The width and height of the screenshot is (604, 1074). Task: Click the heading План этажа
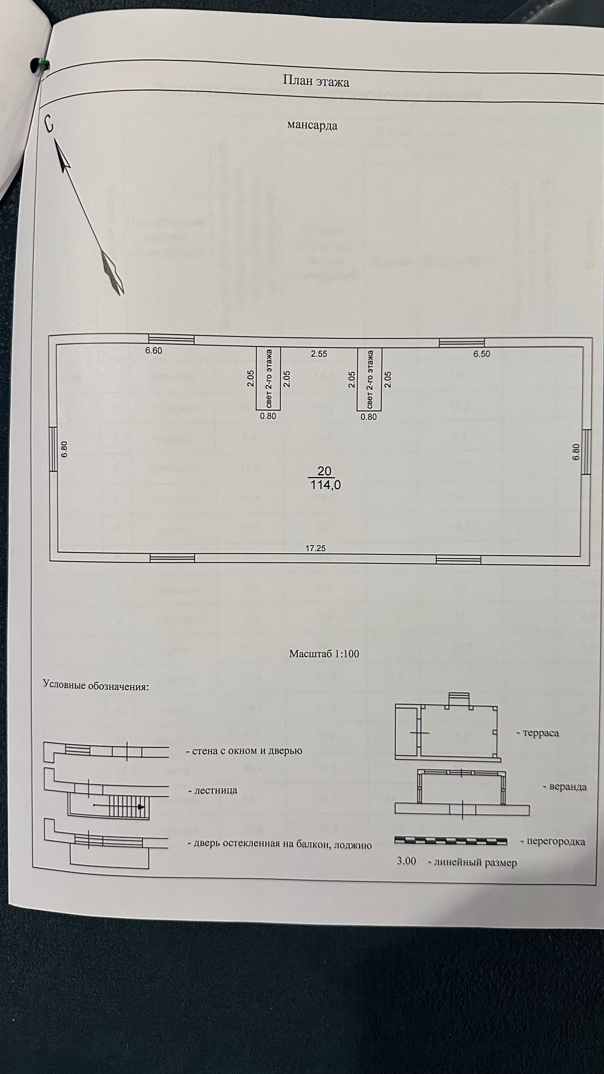tap(316, 81)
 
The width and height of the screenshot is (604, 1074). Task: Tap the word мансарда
tap(312, 125)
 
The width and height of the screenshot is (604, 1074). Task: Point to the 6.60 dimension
tap(154, 351)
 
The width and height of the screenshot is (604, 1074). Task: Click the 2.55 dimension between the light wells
tap(319, 354)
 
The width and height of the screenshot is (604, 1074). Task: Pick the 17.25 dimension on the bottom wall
tap(315, 548)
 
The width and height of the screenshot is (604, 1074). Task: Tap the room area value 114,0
tap(326, 485)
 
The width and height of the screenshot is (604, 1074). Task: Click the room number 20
tap(324, 471)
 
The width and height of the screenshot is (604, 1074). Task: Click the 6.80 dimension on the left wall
tap(64, 449)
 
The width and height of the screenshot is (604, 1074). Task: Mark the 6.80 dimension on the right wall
tap(576, 452)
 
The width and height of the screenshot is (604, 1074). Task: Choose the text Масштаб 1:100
tap(324, 654)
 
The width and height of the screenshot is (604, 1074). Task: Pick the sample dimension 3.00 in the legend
tap(406, 861)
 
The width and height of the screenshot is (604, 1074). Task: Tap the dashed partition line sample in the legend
tap(450, 841)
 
